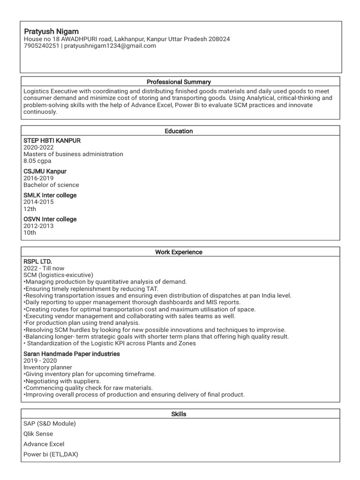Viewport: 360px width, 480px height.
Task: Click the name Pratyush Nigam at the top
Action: tap(51, 31)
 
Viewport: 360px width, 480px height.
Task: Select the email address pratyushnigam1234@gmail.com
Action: tap(110, 46)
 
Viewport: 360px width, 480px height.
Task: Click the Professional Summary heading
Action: tap(179, 82)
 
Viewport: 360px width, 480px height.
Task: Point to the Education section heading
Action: tap(179, 131)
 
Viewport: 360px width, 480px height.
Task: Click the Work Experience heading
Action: tap(179, 252)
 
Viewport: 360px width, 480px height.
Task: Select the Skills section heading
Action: tap(179, 414)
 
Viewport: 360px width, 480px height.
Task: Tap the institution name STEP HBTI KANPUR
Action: tap(52, 140)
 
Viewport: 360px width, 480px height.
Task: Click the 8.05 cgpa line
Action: tap(37, 161)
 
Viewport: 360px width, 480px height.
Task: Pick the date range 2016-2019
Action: tap(38, 178)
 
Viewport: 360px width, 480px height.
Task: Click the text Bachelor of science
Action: tap(51, 185)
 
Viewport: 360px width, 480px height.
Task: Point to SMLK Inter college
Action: tap(50, 195)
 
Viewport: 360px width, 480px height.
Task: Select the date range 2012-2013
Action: tap(38, 226)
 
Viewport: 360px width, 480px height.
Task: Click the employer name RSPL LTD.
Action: tap(37, 261)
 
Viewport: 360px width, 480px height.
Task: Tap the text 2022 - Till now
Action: tap(44, 268)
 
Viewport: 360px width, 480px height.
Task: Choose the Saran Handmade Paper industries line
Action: tap(71, 353)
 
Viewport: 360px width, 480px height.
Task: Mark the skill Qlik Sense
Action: tap(38, 434)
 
